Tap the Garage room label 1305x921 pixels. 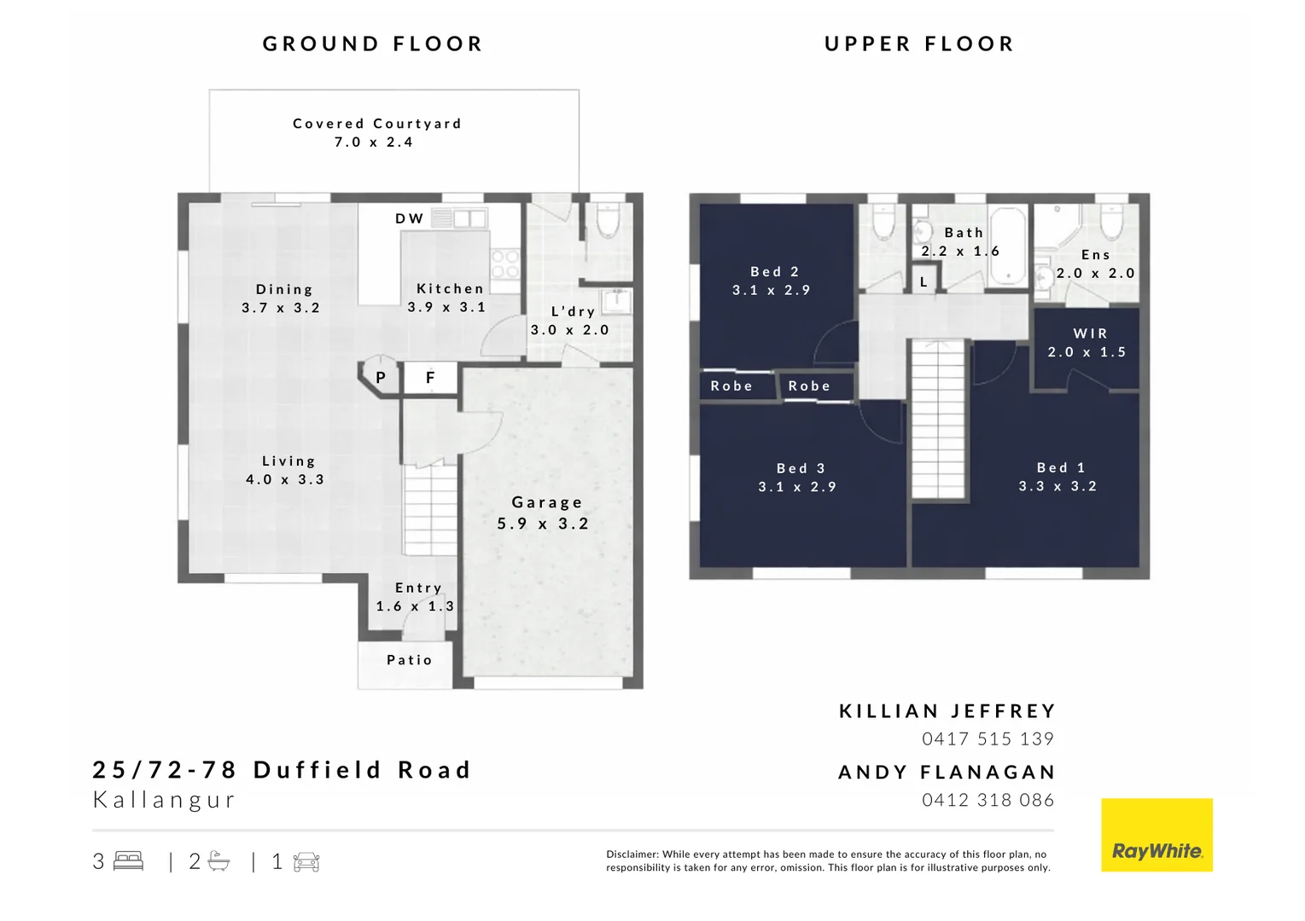coord(546,503)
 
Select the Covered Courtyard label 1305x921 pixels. coord(376,124)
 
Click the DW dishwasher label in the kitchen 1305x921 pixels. coord(409,218)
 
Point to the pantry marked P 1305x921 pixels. coord(381,377)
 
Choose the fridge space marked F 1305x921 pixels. coord(430,377)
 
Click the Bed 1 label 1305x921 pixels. coord(1060,467)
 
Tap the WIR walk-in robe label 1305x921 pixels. coord(1090,333)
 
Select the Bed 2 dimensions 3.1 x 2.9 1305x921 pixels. coord(771,290)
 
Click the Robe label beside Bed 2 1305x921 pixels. coord(731,385)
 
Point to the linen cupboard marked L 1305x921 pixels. coord(923,281)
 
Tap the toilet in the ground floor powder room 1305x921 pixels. coord(608,222)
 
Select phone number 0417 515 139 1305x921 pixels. coord(987,739)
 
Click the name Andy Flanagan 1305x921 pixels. coord(947,772)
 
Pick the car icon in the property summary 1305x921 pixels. coord(306,862)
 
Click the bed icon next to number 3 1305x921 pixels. coord(128,861)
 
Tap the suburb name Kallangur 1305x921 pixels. coord(164,800)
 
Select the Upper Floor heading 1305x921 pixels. coord(919,43)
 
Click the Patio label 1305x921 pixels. coord(409,660)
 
